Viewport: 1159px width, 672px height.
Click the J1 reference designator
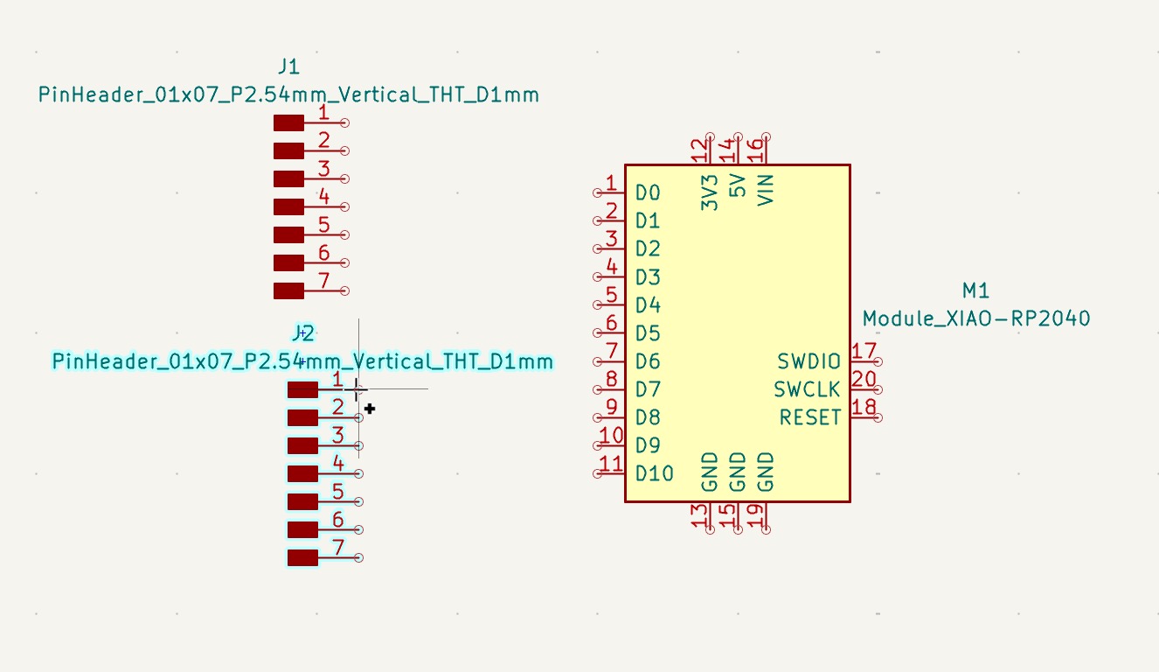[288, 66]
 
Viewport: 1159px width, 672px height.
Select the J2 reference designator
[302, 332]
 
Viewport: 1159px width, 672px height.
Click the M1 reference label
[975, 290]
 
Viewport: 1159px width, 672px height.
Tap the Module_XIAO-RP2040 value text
[976, 318]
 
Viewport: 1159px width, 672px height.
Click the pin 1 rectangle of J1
[288, 123]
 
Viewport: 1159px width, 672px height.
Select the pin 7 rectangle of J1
[288, 290]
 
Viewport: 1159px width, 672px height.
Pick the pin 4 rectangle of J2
[302, 473]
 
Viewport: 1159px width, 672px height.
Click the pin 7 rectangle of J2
[302, 557]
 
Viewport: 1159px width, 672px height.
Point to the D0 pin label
[648, 193]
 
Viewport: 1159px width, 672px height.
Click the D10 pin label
[655, 473]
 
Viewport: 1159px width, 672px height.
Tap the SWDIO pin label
[809, 361]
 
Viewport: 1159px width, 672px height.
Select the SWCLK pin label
[807, 389]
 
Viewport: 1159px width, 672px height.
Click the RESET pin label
[810, 417]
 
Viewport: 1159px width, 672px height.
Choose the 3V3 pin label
[710, 192]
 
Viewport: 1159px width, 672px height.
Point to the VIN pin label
[766, 189]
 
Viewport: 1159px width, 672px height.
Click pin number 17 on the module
[864, 352]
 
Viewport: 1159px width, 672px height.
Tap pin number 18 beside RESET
[864, 408]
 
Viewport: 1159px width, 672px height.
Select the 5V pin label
[738, 186]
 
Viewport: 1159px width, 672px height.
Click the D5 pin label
[648, 333]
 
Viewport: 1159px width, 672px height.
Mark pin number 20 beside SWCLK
[864, 380]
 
